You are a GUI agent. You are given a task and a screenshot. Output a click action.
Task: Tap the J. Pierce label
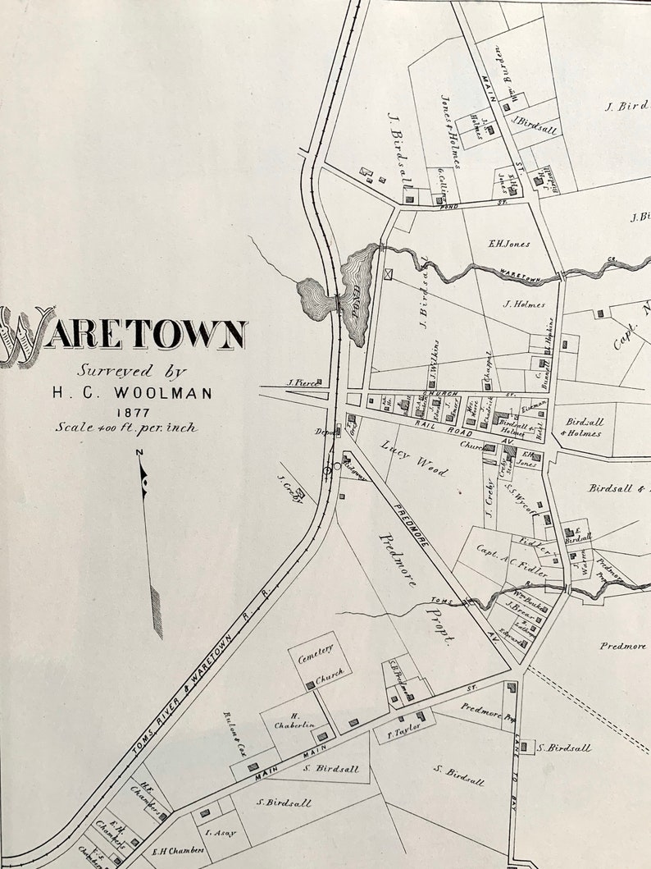click(x=301, y=382)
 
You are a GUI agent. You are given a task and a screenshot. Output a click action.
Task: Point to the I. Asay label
click(x=220, y=833)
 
